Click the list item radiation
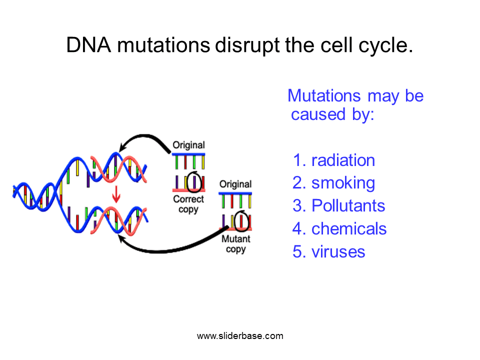click(343, 160)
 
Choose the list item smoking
click(343, 183)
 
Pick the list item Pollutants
click(348, 206)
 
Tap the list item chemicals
click(349, 229)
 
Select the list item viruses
click(338, 251)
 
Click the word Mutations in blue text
click(325, 95)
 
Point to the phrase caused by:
click(332, 114)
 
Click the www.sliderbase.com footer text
click(240, 336)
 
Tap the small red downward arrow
click(116, 194)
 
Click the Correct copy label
click(188, 204)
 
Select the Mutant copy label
click(235, 243)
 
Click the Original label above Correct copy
click(188, 145)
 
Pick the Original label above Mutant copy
click(235, 184)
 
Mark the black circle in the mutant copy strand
click(242, 220)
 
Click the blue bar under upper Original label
click(188, 154)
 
